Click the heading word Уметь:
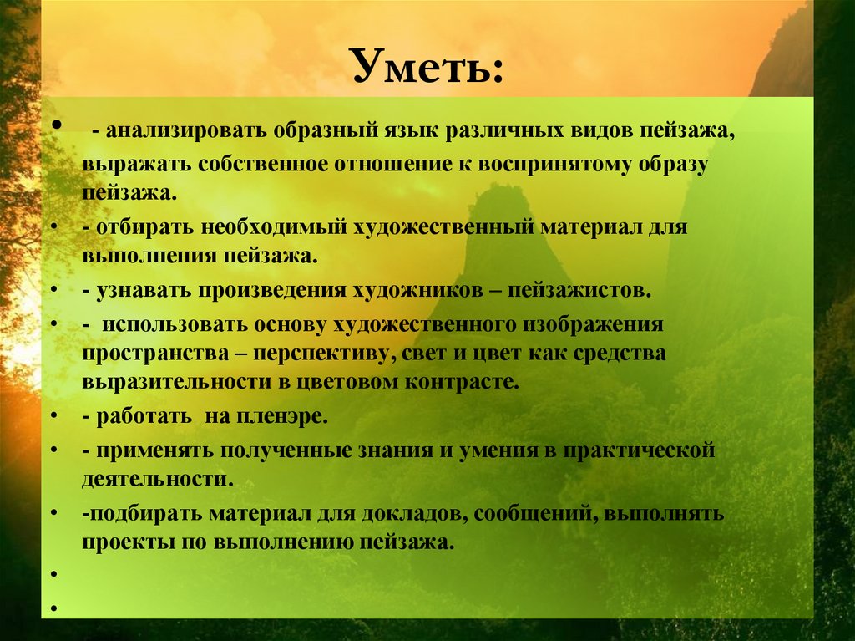[x=427, y=66]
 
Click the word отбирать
[x=149, y=226]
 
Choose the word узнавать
[x=142, y=290]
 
